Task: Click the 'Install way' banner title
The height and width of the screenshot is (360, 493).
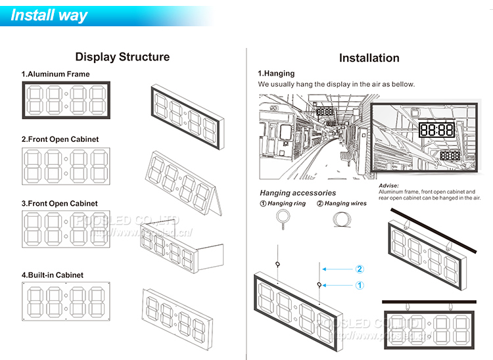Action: coord(49,15)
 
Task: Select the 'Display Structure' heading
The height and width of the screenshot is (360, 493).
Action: coord(122,57)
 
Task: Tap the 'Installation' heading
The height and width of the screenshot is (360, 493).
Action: coord(369,58)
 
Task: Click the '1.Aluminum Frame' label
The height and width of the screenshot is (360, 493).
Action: coord(55,74)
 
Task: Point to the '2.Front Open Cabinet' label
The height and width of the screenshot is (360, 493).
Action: coord(60,139)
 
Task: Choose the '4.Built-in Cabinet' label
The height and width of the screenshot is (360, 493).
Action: coord(53,275)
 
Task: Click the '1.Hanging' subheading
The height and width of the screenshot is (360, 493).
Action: coord(276,74)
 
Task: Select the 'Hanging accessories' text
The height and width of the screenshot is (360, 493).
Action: coord(298,193)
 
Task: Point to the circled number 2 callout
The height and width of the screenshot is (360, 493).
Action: coord(360,269)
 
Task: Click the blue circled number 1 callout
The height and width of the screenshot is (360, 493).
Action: coord(360,285)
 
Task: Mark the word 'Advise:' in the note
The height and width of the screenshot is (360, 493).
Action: coord(389,186)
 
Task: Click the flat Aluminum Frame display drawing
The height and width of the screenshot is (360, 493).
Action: coord(67,100)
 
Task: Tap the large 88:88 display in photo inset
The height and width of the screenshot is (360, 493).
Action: coord(436,130)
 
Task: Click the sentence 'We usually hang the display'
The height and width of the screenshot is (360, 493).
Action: coord(336,84)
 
